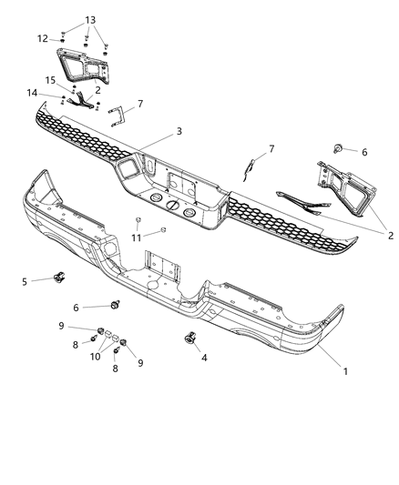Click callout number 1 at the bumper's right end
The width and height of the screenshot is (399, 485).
[x=344, y=370]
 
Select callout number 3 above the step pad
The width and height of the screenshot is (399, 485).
[x=179, y=131]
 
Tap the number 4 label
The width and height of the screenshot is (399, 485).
[x=203, y=358]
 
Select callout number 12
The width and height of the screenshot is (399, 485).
[x=43, y=38]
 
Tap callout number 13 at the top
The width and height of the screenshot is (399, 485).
[x=89, y=19]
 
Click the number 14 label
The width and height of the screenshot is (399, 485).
[x=32, y=93]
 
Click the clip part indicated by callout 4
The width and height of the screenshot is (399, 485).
[x=189, y=338]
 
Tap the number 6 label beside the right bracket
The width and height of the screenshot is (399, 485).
[x=364, y=152]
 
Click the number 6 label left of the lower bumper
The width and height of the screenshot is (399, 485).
[x=77, y=308]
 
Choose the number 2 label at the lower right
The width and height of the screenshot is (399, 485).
[x=390, y=236]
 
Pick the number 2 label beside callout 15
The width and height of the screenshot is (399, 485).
[x=97, y=90]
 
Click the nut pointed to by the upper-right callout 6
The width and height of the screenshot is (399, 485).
[x=338, y=147]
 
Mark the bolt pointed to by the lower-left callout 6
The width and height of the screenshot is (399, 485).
[x=117, y=304]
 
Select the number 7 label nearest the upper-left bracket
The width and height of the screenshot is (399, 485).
[x=139, y=104]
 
